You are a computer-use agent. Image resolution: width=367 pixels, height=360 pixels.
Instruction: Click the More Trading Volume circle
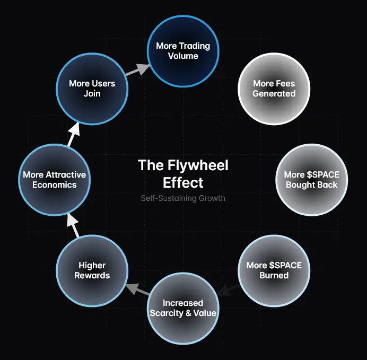point(183,51)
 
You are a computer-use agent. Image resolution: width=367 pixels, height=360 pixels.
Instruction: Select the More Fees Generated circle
point(274,89)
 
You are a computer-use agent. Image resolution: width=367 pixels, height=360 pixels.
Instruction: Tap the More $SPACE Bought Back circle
point(311,179)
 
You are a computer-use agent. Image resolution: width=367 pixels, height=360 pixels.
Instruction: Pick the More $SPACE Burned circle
point(274,270)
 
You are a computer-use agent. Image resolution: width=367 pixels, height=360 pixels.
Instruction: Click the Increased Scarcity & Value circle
point(183,308)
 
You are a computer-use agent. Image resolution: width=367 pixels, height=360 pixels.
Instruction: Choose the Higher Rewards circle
point(92,270)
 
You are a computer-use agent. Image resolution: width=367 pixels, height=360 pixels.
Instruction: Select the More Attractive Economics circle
point(54,179)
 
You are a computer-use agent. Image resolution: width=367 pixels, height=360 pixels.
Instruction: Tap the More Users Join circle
point(92,89)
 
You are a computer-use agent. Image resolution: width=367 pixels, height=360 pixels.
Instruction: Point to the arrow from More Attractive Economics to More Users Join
point(73,135)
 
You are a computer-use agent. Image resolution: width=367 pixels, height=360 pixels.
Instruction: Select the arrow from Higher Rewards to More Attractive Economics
point(73,225)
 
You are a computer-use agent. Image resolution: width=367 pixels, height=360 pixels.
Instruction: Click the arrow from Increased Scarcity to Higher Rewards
point(137,290)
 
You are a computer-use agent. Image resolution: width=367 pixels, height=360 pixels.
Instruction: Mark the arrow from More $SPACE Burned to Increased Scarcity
point(228,290)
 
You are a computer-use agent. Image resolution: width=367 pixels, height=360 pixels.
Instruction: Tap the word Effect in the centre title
point(183,182)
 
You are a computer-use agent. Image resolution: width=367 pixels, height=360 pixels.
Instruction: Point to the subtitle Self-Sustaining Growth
point(183,198)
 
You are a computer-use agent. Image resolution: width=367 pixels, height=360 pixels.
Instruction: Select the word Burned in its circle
point(274,275)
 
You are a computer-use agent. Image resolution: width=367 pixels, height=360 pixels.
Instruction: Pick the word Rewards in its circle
point(92,275)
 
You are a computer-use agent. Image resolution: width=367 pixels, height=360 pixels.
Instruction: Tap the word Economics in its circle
point(54,185)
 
